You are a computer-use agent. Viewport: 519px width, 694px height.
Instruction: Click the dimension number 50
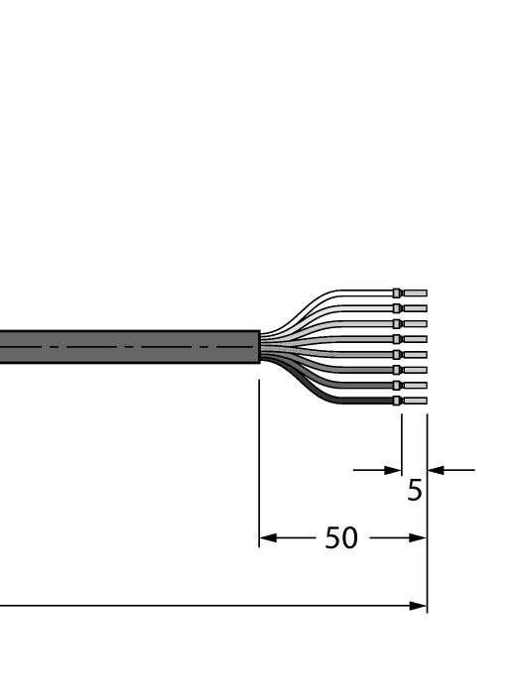tap(341, 538)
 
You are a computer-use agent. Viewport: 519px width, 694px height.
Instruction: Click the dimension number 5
tap(415, 490)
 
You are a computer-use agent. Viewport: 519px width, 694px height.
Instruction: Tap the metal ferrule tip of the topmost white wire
tap(416, 293)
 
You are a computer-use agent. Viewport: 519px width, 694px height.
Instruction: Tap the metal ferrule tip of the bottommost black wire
tap(416, 402)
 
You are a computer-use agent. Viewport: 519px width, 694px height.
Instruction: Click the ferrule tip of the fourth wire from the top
tap(416, 339)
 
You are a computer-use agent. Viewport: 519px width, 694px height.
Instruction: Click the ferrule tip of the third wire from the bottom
tap(416, 370)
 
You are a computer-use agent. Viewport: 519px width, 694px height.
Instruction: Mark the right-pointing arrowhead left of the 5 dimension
tap(394, 470)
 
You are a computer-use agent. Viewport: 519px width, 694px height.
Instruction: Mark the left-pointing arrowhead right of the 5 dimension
tap(435, 470)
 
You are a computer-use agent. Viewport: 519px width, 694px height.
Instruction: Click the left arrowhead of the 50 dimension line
tap(266, 539)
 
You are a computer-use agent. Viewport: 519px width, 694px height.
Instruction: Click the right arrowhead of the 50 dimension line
tap(420, 539)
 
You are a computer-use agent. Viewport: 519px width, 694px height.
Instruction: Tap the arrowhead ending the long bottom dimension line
tap(420, 606)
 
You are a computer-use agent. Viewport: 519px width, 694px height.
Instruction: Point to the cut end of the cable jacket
tap(258, 347)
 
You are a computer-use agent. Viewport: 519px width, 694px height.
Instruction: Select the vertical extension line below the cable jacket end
tap(259, 456)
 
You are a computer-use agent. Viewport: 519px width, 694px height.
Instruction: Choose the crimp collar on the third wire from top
tap(397, 324)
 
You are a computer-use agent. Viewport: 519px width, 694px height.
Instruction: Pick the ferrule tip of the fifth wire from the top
tap(416, 354)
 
